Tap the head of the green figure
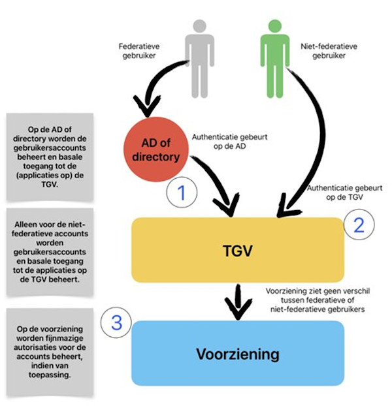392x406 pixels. [275, 26]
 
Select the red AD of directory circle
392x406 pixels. [156, 149]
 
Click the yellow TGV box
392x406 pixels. [238, 250]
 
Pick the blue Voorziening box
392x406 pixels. [238, 353]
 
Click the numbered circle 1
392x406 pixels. [182, 193]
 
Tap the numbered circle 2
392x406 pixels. [359, 225]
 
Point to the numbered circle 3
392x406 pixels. [116, 322]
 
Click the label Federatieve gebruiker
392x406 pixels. [139, 51]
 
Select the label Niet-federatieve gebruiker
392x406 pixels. [329, 51]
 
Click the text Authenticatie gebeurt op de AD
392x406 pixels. [229, 142]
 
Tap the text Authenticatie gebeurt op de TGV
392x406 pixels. [344, 193]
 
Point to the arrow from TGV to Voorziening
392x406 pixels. [238, 302]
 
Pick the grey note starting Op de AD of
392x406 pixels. [50, 157]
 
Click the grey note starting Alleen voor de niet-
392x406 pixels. [50, 252]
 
